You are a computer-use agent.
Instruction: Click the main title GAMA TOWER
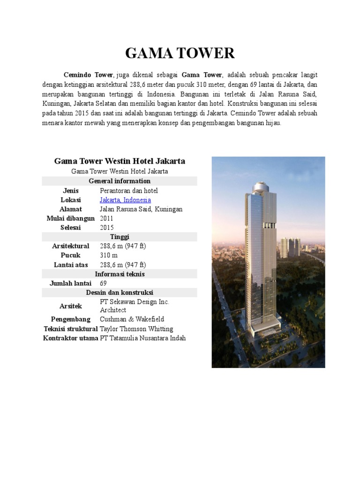point(180,53)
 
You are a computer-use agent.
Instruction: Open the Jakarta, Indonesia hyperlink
point(125,200)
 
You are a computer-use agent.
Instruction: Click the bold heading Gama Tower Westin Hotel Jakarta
point(120,161)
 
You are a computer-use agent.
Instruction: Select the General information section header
point(120,181)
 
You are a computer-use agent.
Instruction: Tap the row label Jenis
point(71,191)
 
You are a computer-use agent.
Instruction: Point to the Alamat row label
point(71,209)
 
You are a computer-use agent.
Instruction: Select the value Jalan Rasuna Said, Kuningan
point(141,209)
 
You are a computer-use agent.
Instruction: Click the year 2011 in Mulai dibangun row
point(107,218)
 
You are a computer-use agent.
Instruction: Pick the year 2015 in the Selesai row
point(107,227)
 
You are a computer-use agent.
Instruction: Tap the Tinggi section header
point(120,237)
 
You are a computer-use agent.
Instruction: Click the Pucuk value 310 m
point(109,255)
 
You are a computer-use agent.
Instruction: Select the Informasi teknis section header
point(120,274)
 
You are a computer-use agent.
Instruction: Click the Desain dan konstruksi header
point(120,292)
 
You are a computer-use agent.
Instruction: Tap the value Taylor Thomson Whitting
point(136,329)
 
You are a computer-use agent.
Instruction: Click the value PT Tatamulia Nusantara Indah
point(143,338)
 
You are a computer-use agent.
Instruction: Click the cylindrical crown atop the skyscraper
point(263,187)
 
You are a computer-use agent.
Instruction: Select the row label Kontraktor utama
point(70,338)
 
